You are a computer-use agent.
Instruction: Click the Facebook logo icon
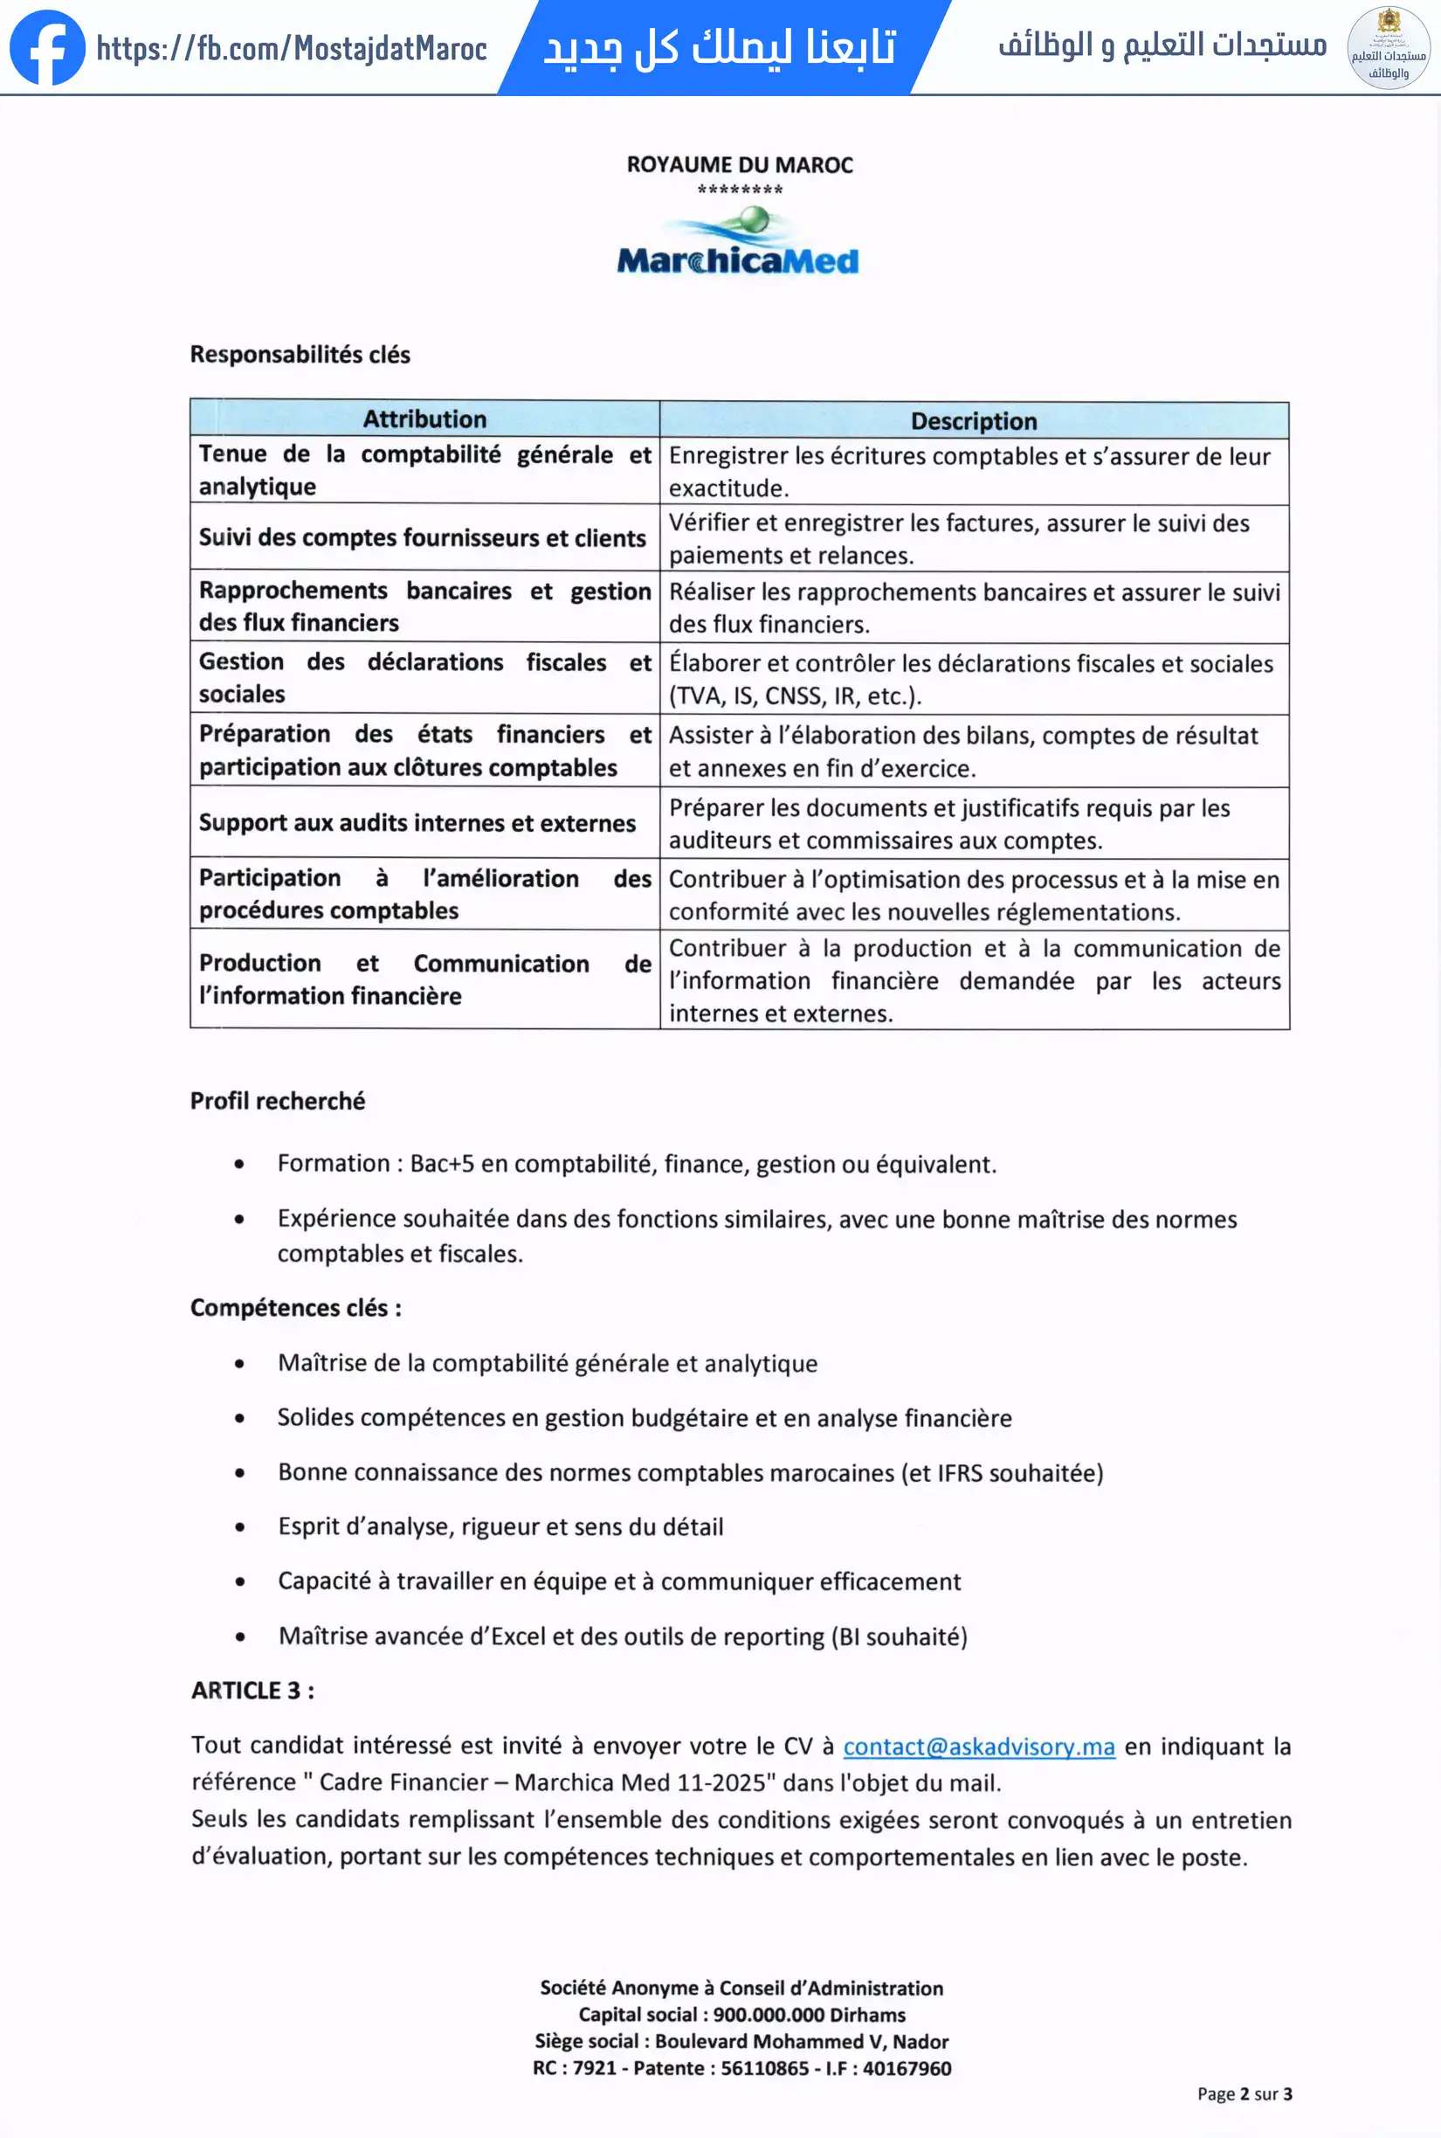[x=47, y=47]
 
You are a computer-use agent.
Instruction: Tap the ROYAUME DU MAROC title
[x=740, y=165]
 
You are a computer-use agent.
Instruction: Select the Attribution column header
[x=424, y=419]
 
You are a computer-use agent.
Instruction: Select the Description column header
[x=973, y=421]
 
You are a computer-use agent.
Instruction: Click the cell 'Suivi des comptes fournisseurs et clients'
[x=423, y=537]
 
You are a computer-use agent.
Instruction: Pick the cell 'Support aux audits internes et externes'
[x=417, y=823]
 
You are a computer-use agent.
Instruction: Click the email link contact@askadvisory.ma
[x=979, y=1747]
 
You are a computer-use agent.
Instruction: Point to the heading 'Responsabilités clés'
[x=300, y=355]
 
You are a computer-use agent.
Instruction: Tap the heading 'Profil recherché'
[x=278, y=1100]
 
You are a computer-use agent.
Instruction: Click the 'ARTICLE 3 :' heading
[x=252, y=1691]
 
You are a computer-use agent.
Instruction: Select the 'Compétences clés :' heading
[x=296, y=1308]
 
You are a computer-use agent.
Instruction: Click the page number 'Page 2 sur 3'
[x=1244, y=2094]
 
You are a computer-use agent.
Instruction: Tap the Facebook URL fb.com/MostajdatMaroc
[x=292, y=48]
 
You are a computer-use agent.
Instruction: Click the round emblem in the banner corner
[x=1388, y=48]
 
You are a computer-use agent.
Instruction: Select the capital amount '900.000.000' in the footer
[x=769, y=2015]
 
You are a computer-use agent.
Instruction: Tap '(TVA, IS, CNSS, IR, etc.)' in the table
[x=795, y=695]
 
